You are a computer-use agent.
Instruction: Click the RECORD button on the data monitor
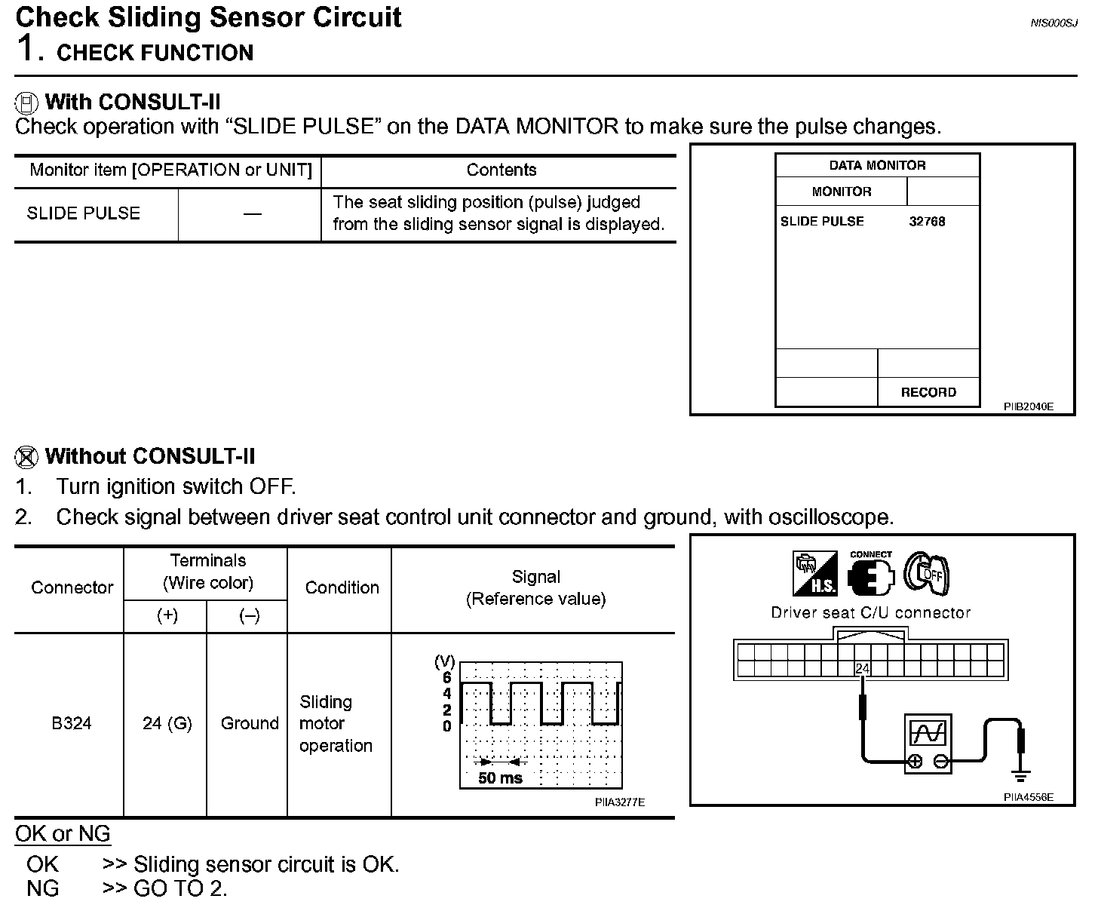point(928,392)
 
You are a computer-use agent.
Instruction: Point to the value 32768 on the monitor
point(927,222)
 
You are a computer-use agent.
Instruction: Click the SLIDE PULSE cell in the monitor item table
point(84,213)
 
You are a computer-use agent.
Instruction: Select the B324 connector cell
point(72,724)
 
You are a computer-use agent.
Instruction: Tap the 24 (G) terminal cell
point(167,724)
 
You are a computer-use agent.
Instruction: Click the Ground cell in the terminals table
point(250,724)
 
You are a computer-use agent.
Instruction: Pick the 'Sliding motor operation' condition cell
point(336,724)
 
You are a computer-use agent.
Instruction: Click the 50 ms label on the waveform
point(500,778)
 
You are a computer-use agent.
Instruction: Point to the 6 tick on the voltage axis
point(447,678)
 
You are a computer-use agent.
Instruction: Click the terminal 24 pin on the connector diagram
point(862,668)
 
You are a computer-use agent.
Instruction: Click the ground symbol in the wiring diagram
point(1021,776)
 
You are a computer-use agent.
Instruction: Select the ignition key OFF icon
point(927,574)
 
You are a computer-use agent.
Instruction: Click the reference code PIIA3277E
point(619,802)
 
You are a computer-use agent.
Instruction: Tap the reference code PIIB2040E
point(1028,407)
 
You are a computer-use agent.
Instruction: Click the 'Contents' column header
point(501,170)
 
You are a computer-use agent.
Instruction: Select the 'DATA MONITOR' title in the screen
point(877,166)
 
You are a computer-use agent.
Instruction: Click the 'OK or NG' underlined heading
point(63,834)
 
